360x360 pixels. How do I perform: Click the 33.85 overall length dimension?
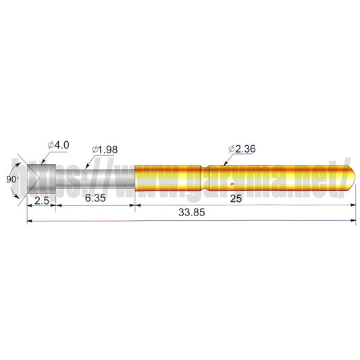(191, 212)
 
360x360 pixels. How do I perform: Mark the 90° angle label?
(10, 179)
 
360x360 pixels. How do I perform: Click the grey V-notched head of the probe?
(41, 179)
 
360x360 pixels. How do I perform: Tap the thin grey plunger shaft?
(95, 178)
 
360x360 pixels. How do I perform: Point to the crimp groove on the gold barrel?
(205, 179)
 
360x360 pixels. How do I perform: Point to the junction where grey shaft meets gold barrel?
(136, 179)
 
